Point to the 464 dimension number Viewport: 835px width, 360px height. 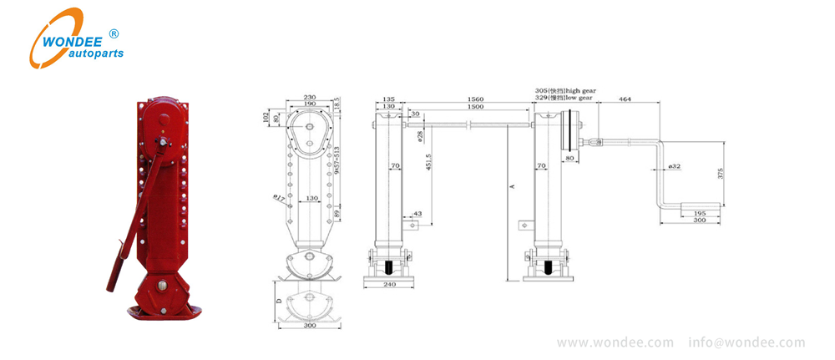[x=624, y=99]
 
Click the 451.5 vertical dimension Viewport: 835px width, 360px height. [x=428, y=162]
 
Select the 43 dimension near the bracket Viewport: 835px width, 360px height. [x=417, y=215]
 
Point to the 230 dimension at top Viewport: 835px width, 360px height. [x=309, y=98]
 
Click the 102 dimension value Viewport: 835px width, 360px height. [x=266, y=116]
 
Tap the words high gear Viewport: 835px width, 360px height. [x=584, y=89]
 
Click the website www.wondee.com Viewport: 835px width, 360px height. [x=615, y=342]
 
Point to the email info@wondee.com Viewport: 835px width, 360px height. [x=747, y=342]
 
